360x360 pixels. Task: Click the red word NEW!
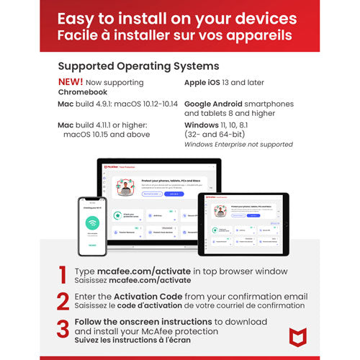[x=70, y=82]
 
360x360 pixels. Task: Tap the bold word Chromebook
[x=83, y=92]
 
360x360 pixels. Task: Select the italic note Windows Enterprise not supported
[x=238, y=145]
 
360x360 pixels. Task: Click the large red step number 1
[x=63, y=275]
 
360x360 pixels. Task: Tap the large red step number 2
[x=63, y=301]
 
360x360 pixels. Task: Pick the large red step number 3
[x=63, y=328]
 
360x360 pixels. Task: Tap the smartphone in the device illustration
[x=92, y=226]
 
